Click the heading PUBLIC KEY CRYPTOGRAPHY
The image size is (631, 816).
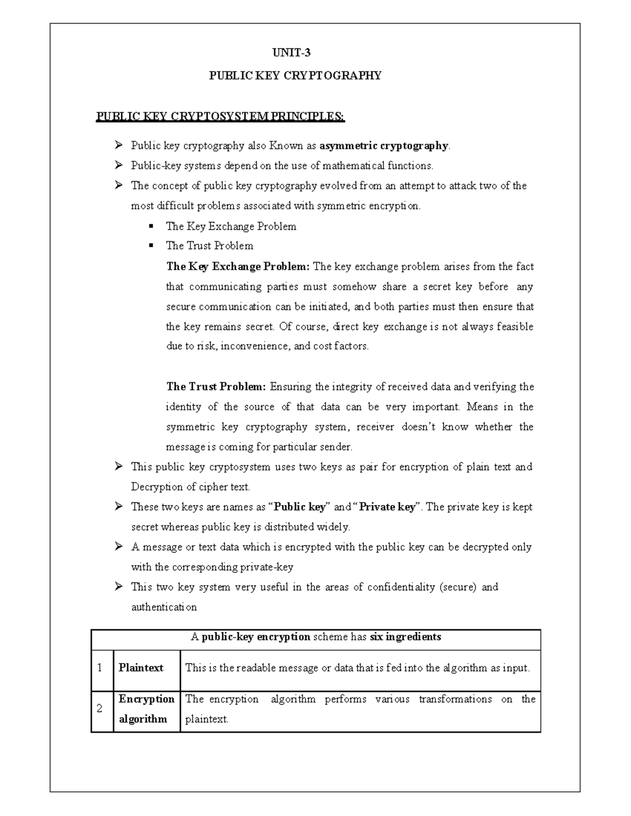click(295, 76)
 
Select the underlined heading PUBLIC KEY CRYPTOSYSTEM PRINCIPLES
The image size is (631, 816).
click(220, 116)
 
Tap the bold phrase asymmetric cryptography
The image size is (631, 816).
click(384, 146)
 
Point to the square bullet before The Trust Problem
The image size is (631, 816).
click(151, 245)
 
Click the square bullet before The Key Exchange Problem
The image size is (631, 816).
click(151, 226)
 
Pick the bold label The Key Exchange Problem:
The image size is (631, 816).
click(238, 266)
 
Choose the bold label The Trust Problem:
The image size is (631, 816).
click(216, 387)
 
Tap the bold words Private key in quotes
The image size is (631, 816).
click(386, 507)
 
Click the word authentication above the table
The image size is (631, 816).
click(164, 607)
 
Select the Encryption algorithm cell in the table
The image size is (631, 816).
click(146, 709)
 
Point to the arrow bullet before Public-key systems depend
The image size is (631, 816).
click(118, 166)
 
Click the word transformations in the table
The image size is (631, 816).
click(455, 699)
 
